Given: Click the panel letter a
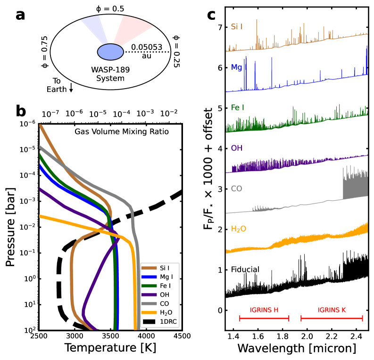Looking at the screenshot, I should [20, 15].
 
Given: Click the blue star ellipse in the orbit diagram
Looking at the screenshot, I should [110, 51].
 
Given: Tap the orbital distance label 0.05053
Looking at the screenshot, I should [146, 47].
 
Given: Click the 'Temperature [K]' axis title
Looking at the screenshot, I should [110, 349].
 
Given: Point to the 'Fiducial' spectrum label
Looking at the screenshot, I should [245, 270].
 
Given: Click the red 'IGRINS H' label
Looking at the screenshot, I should [264, 310].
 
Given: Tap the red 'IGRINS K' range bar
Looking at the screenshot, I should [332, 319].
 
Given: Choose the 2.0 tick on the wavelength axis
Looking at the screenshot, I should [308, 336].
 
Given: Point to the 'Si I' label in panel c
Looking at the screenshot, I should [237, 27].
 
